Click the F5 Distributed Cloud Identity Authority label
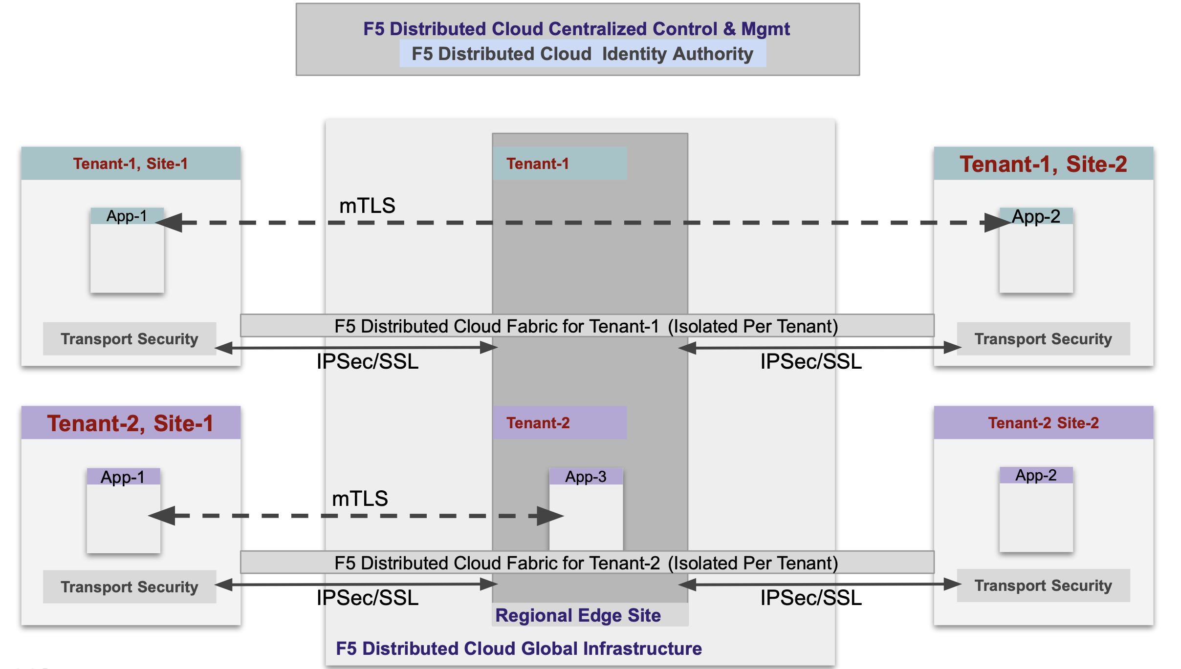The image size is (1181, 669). [582, 54]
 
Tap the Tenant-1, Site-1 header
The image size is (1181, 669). [131, 164]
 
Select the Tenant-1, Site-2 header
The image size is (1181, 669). [1043, 164]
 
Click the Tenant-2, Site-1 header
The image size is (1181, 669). [131, 423]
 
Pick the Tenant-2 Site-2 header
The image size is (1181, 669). [1043, 423]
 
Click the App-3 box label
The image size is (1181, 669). [586, 477]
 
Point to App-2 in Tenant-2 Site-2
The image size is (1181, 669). [1036, 475]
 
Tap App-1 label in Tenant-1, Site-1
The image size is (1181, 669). [127, 216]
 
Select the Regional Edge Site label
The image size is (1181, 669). [578, 615]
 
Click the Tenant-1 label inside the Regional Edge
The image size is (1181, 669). [538, 164]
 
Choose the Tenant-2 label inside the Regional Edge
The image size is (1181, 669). [538, 423]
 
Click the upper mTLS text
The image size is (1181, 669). [367, 206]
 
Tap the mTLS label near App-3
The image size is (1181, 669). [360, 499]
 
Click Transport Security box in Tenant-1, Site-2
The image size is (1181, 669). [1043, 339]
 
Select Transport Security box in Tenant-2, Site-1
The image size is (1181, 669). [130, 586]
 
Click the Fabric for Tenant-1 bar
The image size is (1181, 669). [587, 326]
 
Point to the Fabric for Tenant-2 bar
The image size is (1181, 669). [587, 563]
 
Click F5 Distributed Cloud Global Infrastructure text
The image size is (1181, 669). [519, 648]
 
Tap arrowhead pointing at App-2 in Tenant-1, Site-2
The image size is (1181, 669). [997, 223]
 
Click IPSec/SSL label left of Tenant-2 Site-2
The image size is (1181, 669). [811, 598]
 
